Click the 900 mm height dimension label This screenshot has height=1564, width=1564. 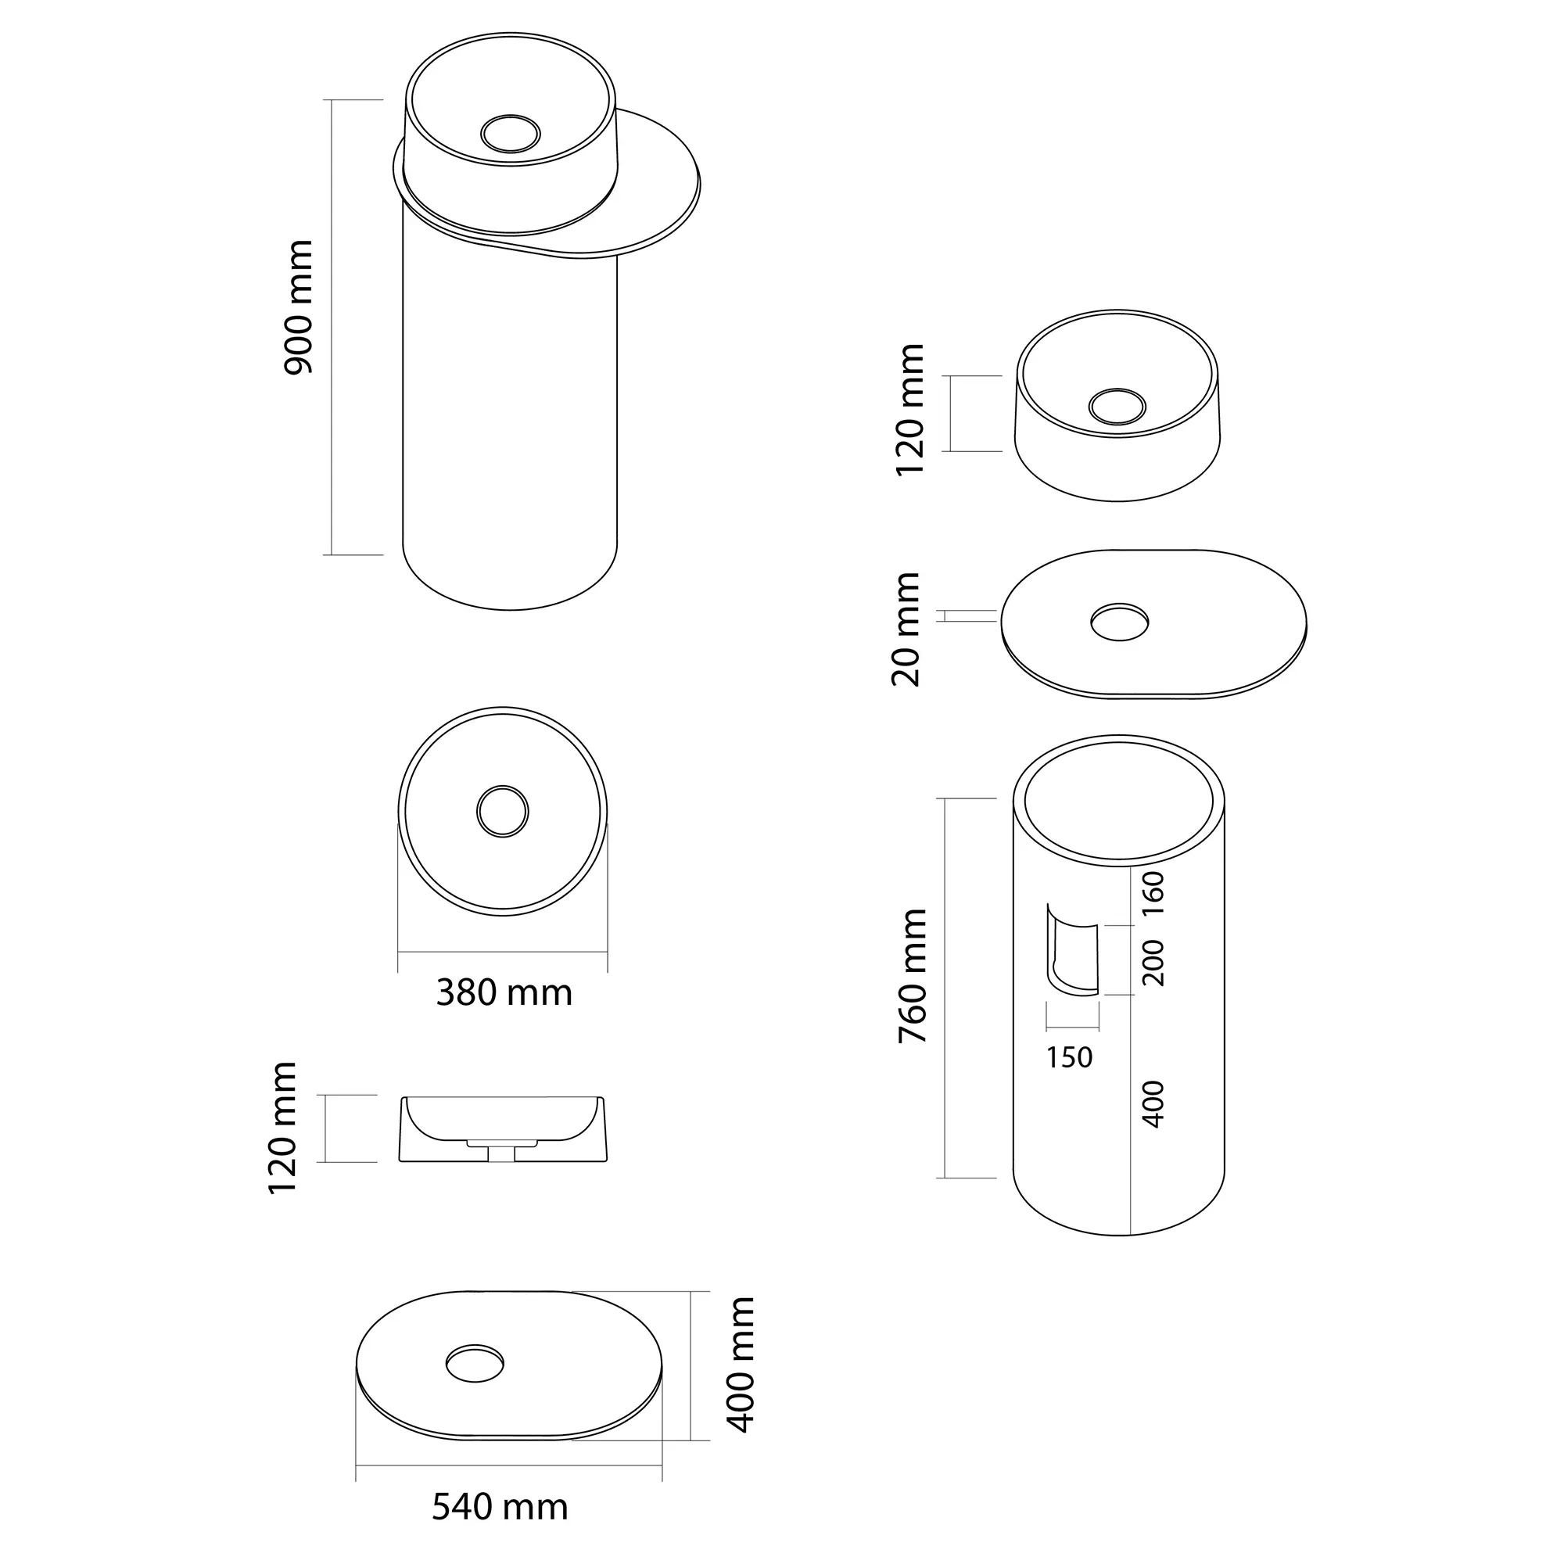tap(298, 307)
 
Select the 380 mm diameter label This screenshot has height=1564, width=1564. tap(504, 992)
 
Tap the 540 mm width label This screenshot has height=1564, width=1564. tap(500, 1507)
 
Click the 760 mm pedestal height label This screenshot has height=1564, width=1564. tap(913, 976)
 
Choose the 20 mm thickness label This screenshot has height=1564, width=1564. tap(906, 630)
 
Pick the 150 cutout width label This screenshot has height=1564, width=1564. tap(1069, 1057)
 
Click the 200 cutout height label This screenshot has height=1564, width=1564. tap(1153, 963)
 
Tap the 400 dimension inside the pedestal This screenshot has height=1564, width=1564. tap(1153, 1104)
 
